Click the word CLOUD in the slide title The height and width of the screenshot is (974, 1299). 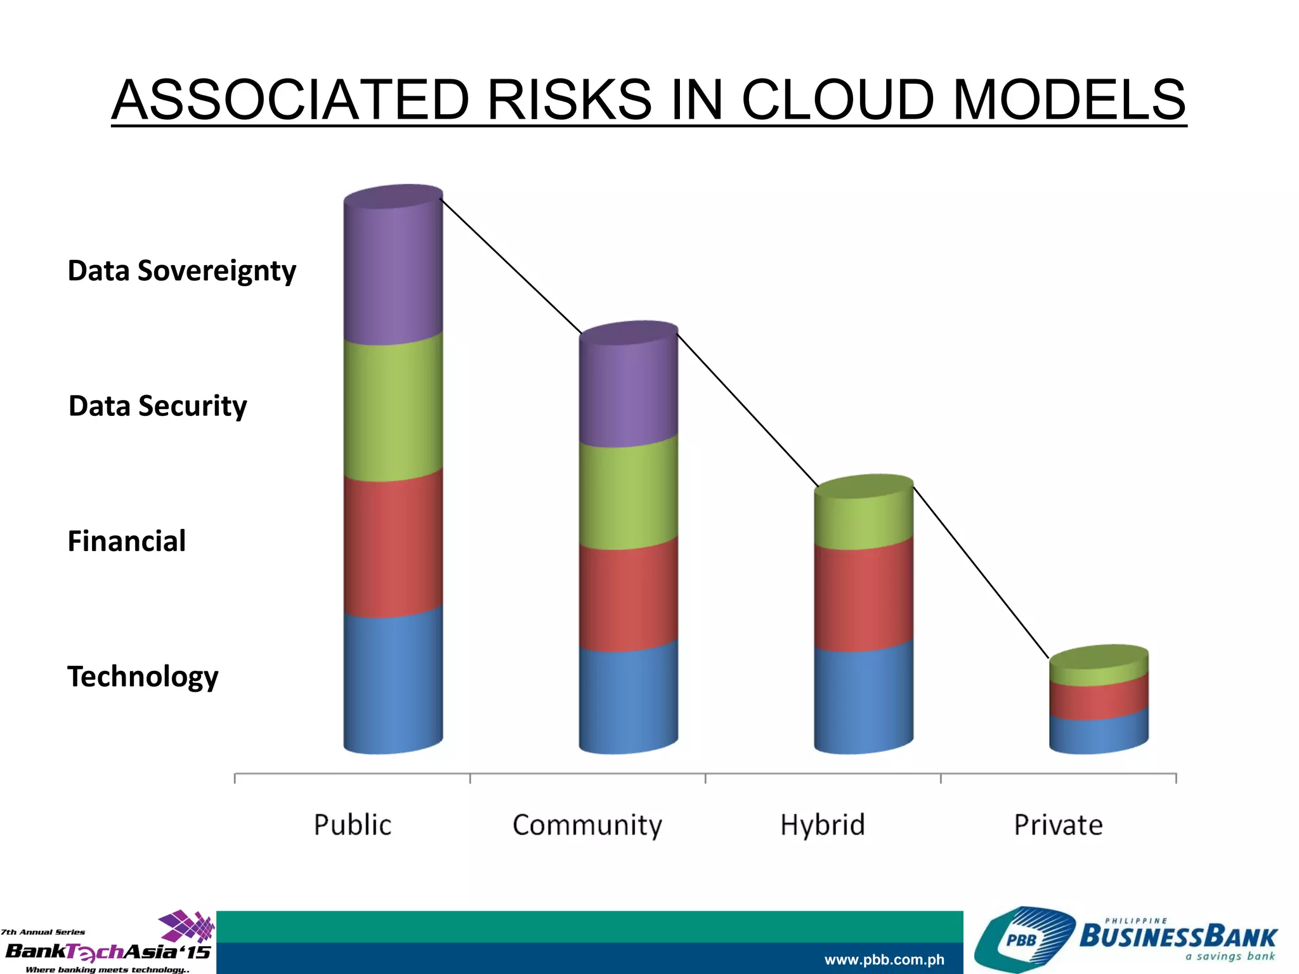pos(837,100)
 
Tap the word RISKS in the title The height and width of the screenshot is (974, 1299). pos(569,100)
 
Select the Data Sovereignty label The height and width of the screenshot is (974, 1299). pos(181,271)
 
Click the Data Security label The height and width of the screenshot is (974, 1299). pos(157,406)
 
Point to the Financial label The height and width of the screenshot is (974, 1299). pos(126,542)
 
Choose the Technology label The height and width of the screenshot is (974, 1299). pos(143,677)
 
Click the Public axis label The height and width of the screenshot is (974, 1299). pos(353,825)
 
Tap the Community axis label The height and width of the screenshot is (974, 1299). pos(587,825)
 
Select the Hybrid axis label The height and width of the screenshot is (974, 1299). pos(823,825)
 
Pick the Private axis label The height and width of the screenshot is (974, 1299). pos(1058,825)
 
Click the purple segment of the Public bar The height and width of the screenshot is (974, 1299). pos(393,273)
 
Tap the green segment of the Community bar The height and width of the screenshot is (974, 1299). pos(629,495)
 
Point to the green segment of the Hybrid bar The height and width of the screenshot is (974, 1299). pos(864,517)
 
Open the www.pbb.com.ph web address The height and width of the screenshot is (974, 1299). pos(884,959)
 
